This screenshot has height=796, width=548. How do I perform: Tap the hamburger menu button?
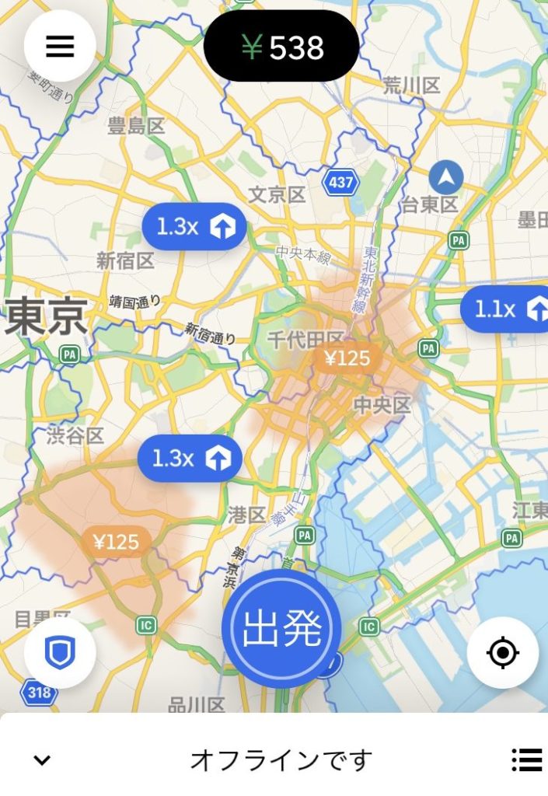click(x=60, y=47)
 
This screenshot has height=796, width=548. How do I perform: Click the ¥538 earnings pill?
click(x=281, y=47)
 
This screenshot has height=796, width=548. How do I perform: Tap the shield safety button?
click(x=60, y=654)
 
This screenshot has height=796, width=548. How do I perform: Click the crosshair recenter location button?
click(x=503, y=653)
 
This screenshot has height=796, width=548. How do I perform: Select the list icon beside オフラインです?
click(x=527, y=759)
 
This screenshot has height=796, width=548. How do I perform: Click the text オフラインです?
click(x=281, y=759)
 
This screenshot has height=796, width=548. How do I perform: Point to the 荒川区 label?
click(x=411, y=86)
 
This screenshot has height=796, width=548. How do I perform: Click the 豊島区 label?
click(x=137, y=126)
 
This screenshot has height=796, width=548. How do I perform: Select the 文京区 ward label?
click(x=277, y=194)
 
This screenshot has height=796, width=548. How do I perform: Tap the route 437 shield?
click(x=340, y=183)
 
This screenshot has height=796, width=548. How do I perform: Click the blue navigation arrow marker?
click(x=446, y=178)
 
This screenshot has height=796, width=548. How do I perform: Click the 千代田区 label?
click(x=305, y=339)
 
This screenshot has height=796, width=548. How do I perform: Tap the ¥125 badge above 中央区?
click(x=347, y=358)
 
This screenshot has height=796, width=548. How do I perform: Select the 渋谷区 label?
click(x=75, y=435)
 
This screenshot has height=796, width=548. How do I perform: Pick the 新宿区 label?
click(x=125, y=261)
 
